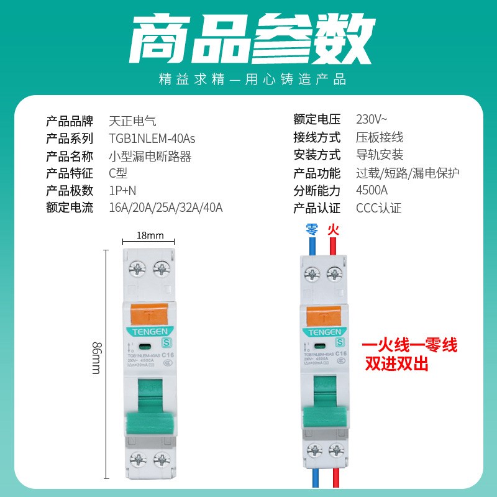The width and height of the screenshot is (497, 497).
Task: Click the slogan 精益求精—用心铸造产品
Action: tap(248, 80)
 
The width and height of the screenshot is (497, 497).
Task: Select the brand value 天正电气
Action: tap(128, 120)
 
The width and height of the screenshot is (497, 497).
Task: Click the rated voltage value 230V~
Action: tap(372, 119)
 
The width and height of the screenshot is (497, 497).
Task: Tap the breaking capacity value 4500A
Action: tap(372, 190)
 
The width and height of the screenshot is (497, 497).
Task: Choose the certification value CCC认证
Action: tap(379, 207)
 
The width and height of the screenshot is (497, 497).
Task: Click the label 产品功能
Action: tap(317, 173)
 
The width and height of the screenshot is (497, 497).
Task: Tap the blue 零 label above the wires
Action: tap(312, 229)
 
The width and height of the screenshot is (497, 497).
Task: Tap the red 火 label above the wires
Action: tap(334, 229)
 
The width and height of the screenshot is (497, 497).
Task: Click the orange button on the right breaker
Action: tap(322, 314)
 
